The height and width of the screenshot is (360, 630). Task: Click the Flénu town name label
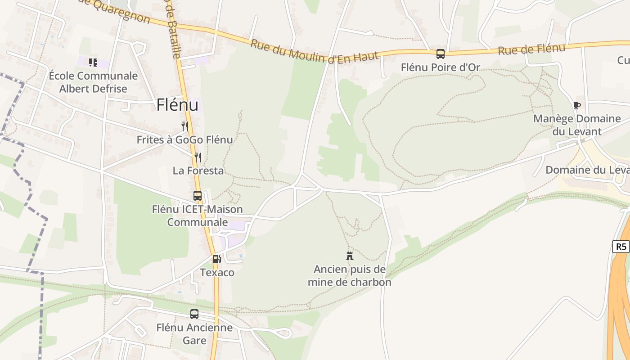[x=177, y=105]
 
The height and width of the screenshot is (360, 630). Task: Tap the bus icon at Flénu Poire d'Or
[x=441, y=54]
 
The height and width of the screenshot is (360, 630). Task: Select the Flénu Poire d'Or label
[x=441, y=67]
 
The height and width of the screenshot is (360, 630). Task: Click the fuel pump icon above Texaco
[x=217, y=259]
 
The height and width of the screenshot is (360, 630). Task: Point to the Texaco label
[x=217, y=273]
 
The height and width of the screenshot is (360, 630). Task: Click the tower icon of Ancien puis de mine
[x=349, y=256]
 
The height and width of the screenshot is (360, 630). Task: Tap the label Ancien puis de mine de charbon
[x=349, y=276]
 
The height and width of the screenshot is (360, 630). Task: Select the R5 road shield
[x=621, y=246]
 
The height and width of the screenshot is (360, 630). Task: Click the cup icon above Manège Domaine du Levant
[x=577, y=105]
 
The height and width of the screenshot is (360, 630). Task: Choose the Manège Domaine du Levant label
[x=577, y=125]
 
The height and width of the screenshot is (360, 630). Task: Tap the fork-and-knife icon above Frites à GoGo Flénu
[x=184, y=126]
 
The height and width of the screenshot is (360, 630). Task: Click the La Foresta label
[x=198, y=171]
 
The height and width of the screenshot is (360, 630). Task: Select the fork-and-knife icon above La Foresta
[x=198, y=157]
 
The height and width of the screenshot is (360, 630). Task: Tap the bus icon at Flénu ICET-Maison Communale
[x=198, y=196]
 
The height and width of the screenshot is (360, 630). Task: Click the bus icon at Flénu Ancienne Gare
[x=194, y=314]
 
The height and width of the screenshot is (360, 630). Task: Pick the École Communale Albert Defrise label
[x=93, y=82]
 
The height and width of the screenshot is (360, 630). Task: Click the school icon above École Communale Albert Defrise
[x=93, y=63]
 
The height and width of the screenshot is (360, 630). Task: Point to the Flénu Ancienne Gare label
[x=194, y=333]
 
